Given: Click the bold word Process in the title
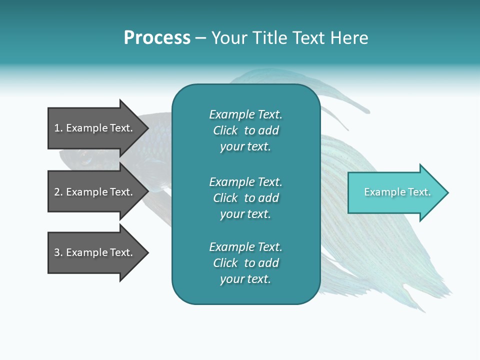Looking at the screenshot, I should (x=157, y=38).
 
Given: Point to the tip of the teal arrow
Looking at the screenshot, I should (x=447, y=192).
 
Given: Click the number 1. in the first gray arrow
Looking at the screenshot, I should (x=58, y=128).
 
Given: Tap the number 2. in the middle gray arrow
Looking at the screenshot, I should (x=58, y=192).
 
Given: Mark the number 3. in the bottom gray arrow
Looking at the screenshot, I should (x=58, y=252).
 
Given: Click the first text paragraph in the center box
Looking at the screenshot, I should (x=245, y=130).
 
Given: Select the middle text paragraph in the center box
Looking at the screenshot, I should (x=245, y=198).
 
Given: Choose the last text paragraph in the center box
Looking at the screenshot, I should (x=245, y=263).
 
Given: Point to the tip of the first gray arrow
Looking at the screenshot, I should (x=147, y=128).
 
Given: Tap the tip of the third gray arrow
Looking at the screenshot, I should (x=147, y=252).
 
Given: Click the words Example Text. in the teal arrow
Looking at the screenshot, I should (x=397, y=192).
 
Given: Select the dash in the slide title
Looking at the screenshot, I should (x=201, y=38).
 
